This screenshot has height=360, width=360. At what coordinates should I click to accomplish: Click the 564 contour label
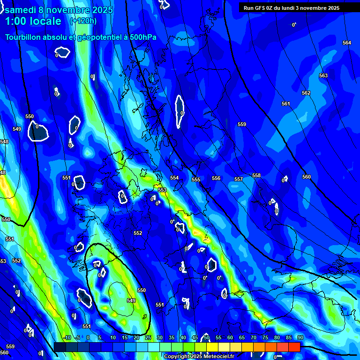[347, 43]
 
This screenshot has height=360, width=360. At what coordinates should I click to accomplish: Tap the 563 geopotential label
[323, 75]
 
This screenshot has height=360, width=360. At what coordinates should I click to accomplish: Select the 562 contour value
[306, 93]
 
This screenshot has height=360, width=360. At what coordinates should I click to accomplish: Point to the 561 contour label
[286, 104]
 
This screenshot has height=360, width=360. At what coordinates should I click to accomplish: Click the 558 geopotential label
[256, 175]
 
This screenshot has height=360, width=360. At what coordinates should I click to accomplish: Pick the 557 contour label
[239, 179]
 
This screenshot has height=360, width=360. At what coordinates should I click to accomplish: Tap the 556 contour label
[216, 178]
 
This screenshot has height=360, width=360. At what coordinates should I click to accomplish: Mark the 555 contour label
[196, 180]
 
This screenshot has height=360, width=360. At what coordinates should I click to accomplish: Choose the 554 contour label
[174, 178]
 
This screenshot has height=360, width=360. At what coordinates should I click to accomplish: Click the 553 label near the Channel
[162, 190]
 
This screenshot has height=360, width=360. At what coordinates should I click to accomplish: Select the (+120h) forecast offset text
[83, 21]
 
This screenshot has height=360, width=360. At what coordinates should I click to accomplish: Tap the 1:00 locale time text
[33, 21]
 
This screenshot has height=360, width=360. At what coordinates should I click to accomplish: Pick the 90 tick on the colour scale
[300, 338]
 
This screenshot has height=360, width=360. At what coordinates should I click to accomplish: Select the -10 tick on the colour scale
[67, 338]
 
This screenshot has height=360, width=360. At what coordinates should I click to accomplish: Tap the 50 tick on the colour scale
[206, 338]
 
